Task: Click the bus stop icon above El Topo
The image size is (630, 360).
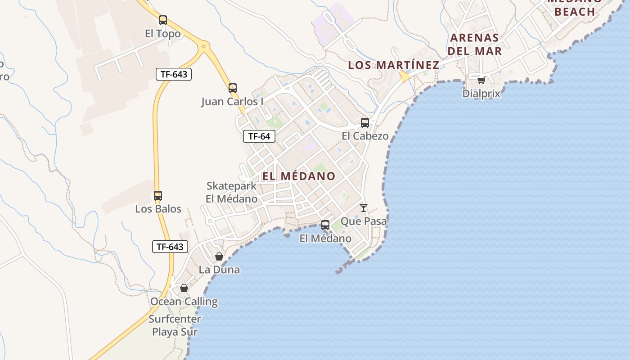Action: pyautogui.click(x=163, y=20)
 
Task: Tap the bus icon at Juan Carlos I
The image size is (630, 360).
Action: pyautogui.click(x=233, y=88)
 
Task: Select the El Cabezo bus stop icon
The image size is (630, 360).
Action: pyautogui.click(x=365, y=122)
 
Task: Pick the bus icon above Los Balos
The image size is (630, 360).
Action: pyautogui.click(x=157, y=196)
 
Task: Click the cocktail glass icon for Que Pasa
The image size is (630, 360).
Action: pyautogui.click(x=364, y=208)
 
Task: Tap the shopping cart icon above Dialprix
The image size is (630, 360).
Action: pyautogui.click(x=481, y=81)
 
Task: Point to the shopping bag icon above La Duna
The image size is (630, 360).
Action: pyautogui.click(x=219, y=256)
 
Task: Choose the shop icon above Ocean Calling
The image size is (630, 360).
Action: pyautogui.click(x=184, y=288)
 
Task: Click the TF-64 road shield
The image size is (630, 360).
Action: pyautogui.click(x=259, y=136)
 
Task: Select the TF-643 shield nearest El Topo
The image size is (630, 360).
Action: pyautogui.click(x=174, y=74)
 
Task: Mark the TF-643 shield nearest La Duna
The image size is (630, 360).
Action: pyautogui.click(x=170, y=247)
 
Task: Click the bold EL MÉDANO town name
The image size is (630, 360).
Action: pyautogui.click(x=299, y=176)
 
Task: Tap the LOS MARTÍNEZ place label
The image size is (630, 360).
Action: pyautogui.click(x=394, y=65)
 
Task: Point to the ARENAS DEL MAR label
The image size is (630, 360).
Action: pyautogui.click(x=475, y=44)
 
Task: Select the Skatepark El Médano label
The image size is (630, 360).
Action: pyautogui.click(x=232, y=192)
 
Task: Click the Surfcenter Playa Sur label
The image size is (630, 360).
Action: pyautogui.click(x=175, y=325)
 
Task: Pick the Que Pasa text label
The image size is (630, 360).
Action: pyautogui.click(x=364, y=221)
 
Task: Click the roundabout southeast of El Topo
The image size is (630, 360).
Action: pyautogui.click(x=204, y=46)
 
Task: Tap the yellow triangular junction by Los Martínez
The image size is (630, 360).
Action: pyautogui.click(x=405, y=77)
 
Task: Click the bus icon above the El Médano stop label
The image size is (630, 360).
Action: pyautogui.click(x=325, y=225)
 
